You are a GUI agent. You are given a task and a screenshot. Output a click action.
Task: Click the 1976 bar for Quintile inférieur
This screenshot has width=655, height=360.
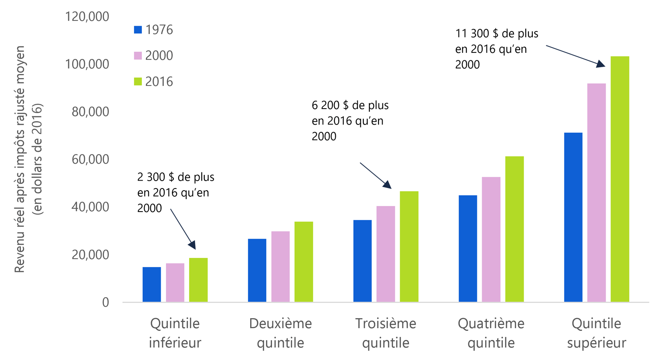tap(152, 285)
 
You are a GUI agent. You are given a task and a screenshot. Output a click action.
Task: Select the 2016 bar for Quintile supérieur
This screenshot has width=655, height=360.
tap(620, 179)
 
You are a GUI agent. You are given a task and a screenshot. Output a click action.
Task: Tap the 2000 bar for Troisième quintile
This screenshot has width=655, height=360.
tap(386, 254)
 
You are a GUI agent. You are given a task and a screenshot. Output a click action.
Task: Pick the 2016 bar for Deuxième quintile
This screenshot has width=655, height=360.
tap(303, 262)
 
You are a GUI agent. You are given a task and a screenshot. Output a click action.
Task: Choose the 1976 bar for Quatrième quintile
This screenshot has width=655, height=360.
tap(468, 249)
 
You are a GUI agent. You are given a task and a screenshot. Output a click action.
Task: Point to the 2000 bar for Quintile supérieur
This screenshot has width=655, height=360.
tap(596, 192)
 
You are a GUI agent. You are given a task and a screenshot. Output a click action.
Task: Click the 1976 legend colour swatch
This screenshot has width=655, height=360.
tap(138, 30)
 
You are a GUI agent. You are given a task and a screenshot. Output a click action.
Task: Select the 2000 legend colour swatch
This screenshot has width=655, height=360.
tap(138, 55)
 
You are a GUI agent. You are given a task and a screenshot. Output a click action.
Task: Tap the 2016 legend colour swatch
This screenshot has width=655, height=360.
tap(138, 82)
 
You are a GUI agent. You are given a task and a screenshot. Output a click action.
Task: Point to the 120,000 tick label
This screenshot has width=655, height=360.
tap(87, 17)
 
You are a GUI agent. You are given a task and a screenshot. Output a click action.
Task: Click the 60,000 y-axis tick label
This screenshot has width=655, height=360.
tap(90, 159)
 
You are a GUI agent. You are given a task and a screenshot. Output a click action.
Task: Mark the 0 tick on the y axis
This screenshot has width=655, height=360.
tap(105, 302)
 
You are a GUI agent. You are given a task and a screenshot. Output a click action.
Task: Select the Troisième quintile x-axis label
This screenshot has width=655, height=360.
tap(386, 333)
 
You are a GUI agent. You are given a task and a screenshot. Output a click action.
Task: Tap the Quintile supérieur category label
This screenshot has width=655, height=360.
tap(596, 333)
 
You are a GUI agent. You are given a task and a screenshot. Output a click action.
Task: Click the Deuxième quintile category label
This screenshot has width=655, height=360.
tap(280, 333)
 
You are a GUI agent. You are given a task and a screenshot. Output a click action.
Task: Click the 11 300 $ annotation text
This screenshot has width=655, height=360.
tap(496, 49)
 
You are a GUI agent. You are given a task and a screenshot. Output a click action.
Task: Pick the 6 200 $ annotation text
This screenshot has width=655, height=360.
tap(350, 121)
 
